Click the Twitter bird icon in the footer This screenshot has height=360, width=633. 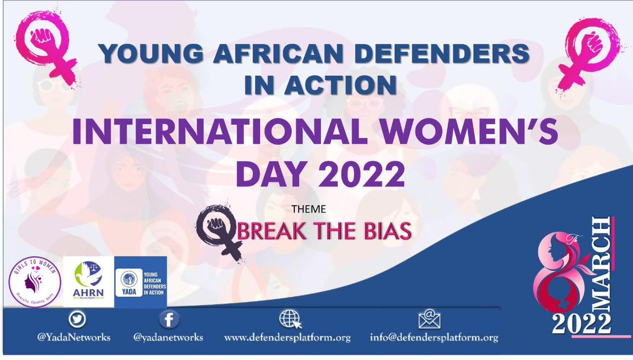pyautogui.click(x=77, y=319)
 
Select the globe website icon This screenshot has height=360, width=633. pyautogui.click(x=290, y=319)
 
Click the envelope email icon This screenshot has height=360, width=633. pyautogui.click(x=429, y=319)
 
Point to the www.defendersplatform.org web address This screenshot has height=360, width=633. pyautogui.click(x=287, y=338)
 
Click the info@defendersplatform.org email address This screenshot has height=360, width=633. pyautogui.click(x=434, y=338)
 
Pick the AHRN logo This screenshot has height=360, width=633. pyautogui.click(x=88, y=282)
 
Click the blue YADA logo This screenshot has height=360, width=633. pyautogui.click(x=140, y=282)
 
